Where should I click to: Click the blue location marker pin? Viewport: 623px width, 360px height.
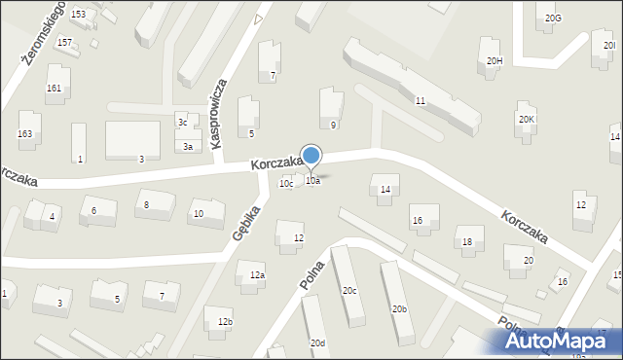(311, 157)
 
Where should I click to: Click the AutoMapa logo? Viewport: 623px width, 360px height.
(559, 342)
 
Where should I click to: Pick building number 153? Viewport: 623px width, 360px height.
(78, 14)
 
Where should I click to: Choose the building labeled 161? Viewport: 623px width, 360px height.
(54, 88)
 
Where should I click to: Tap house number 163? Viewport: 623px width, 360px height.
(24, 132)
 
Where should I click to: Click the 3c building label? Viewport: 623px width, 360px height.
(182, 122)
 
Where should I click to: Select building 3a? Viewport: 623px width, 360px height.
(188, 146)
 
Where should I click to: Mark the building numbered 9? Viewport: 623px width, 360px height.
(333, 125)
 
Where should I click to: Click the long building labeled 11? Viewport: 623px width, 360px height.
(420, 100)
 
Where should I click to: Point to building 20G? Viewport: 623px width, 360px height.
(553, 18)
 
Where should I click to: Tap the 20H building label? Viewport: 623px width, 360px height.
(495, 61)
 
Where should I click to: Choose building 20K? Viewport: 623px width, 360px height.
(526, 119)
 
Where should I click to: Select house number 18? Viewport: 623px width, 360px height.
(467, 241)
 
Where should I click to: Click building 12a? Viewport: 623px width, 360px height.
(256, 275)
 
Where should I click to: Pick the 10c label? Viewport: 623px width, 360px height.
(286, 183)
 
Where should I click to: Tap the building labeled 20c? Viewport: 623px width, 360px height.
(348, 290)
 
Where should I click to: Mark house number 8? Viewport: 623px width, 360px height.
(146, 204)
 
